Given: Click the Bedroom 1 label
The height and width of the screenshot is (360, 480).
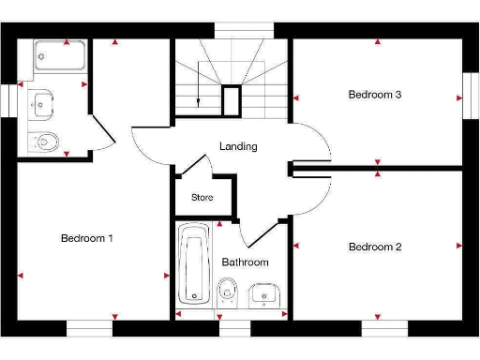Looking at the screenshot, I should click(86, 238).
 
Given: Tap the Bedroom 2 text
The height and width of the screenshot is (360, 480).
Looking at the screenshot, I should click(375, 247).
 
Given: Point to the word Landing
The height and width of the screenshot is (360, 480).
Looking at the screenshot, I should click(238, 147).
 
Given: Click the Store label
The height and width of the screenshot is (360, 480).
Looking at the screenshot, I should click(202, 198).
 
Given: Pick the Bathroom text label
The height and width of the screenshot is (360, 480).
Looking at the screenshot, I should click(245, 262).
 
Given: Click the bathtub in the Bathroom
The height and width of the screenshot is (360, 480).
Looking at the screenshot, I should click(195, 263).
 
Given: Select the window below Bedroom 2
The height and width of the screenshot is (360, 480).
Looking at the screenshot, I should click(385, 328).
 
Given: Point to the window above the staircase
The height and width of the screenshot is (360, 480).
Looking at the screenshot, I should click(238, 30).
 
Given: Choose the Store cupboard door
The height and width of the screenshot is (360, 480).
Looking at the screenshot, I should click(192, 169).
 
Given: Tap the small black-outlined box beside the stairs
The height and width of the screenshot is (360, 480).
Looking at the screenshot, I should click(232, 99).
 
